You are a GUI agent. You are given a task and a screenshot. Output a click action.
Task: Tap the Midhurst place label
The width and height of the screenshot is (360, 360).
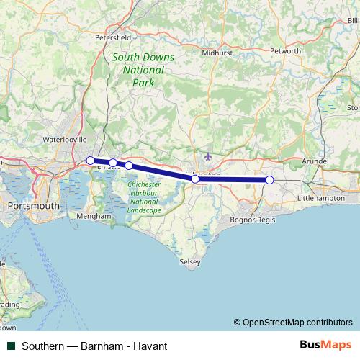pyautogui.click(x=217, y=53)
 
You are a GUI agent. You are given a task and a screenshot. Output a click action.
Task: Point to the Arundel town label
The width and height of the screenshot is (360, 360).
pyautogui.click(x=317, y=162)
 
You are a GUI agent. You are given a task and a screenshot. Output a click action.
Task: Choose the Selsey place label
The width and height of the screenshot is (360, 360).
pyautogui.click(x=189, y=263)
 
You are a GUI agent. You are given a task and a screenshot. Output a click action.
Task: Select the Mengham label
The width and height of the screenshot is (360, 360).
pyautogui.click(x=94, y=216)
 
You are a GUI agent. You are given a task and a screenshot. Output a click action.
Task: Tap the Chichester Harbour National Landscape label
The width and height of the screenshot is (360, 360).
pyautogui.click(x=144, y=197)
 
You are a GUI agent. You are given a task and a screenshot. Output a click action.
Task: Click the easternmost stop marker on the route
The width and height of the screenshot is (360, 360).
pyautogui.click(x=269, y=180)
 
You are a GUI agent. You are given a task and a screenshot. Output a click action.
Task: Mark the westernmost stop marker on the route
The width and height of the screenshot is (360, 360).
pyautogui.click(x=90, y=161)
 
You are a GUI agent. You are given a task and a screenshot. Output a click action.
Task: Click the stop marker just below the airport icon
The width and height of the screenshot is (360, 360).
pyautogui.click(x=195, y=179)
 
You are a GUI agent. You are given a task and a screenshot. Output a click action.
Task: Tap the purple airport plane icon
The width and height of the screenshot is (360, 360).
pyautogui.click(x=209, y=156)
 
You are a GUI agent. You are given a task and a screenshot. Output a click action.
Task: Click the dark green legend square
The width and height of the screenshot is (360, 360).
pyautogui.click(x=11, y=346)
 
